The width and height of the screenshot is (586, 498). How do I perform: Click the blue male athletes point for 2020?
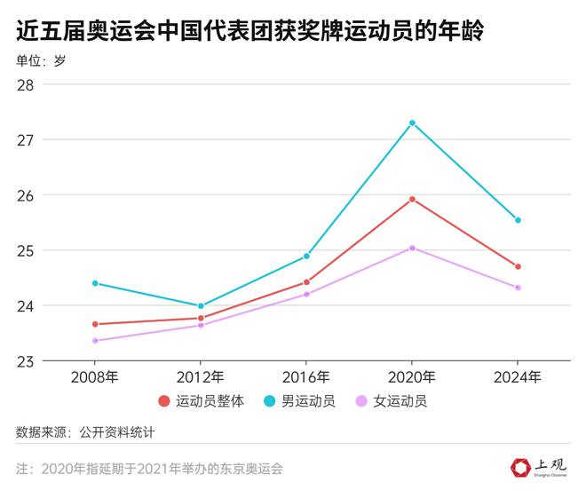point(412,123)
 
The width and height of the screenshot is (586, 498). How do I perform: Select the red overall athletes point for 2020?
point(412,199)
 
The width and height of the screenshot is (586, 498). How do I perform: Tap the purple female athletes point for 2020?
point(412,248)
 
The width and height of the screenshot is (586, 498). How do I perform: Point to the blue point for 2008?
point(95,283)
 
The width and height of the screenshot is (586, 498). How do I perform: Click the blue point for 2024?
point(518,220)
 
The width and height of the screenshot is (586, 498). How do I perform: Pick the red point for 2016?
point(306,282)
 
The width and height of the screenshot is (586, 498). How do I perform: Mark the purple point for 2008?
point(95,341)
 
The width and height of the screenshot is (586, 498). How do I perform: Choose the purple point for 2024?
point(518,288)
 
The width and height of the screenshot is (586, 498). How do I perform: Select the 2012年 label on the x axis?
point(201,376)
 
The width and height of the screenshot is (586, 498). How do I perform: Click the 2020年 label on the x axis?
point(412,376)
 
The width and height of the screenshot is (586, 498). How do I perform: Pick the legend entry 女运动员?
point(401,401)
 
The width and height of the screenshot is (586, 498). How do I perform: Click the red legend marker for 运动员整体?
point(164,401)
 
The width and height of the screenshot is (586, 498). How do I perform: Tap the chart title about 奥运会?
point(249,32)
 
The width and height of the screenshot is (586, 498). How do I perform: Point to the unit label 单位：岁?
point(40,61)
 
